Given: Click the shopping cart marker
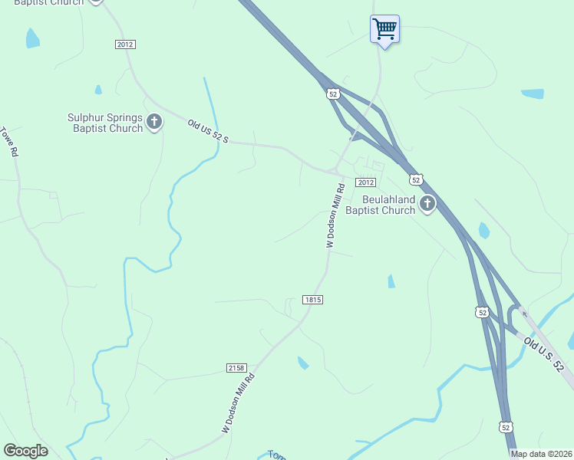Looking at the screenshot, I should click(384, 30).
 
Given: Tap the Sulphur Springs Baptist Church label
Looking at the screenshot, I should click(105, 123).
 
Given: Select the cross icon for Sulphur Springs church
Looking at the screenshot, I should click(154, 122).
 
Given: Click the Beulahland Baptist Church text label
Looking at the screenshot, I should click(380, 205).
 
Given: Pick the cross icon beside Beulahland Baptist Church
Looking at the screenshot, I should click(427, 204).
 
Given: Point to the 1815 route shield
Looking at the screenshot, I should click(312, 300).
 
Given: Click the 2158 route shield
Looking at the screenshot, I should click(237, 368).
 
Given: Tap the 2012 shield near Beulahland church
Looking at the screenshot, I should click(365, 182).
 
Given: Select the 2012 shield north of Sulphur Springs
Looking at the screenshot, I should click(125, 44).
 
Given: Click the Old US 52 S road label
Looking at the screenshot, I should click(209, 131).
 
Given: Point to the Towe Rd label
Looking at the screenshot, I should click(9, 142).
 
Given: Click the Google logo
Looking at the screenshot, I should click(25, 451).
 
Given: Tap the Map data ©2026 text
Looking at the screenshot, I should click(541, 454).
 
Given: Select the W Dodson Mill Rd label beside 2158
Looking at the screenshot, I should click(238, 403).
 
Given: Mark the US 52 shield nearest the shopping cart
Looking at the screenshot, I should click(332, 94).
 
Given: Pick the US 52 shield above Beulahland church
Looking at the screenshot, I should click(415, 179).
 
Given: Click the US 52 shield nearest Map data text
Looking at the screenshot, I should click(504, 426).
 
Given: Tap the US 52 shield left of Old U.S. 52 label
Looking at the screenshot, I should click(481, 312).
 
